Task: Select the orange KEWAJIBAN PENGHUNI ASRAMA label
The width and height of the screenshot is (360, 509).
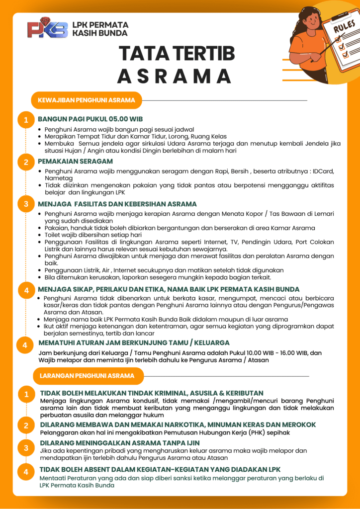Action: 86,100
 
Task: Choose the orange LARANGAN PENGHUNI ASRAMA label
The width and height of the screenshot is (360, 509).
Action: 87,376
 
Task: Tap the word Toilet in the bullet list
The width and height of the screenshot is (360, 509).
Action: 53,235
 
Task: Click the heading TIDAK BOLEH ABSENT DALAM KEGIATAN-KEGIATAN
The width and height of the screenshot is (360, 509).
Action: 160,469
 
